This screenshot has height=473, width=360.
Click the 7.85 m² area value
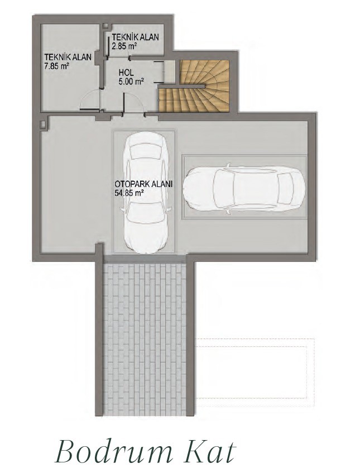tap(57, 66)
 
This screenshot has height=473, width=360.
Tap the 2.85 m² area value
tap(124, 46)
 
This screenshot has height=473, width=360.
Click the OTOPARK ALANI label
tap(143, 185)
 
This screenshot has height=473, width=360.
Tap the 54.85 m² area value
tap(128, 193)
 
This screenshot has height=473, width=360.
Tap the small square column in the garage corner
tap(42, 124)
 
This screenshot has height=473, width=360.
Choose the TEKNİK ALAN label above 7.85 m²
tap(68, 58)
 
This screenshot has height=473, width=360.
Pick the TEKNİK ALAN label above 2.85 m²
tap(135, 37)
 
